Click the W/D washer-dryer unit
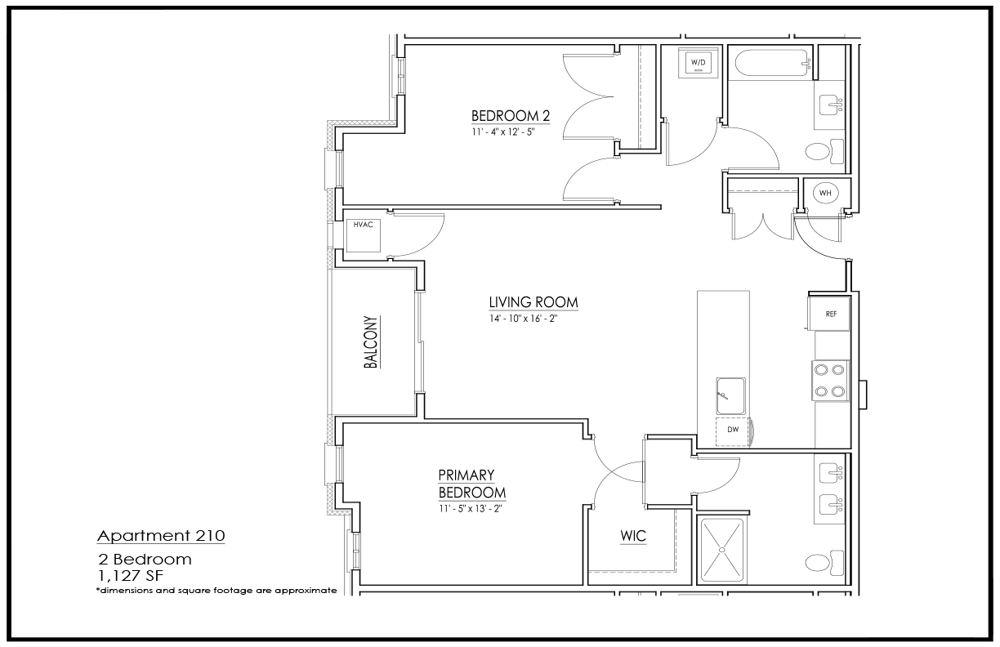tap(699, 63)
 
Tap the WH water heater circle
tap(825, 193)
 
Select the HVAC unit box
tap(364, 235)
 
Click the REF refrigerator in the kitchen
tap(829, 314)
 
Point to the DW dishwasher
tap(733, 431)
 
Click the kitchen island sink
tap(731, 396)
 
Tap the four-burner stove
tap(830, 381)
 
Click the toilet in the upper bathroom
tap(824, 151)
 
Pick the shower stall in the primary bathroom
tap(723, 550)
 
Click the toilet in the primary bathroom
tap(824, 563)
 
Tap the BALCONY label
tap(371, 342)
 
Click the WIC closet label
tap(633, 536)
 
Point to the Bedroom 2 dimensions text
tap(503, 132)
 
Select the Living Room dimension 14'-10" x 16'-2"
tap(523, 319)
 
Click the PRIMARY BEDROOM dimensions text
tap(471, 509)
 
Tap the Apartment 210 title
tap(161, 536)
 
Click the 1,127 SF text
tap(131, 576)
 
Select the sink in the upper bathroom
tap(831, 106)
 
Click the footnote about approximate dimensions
tap(217, 591)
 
